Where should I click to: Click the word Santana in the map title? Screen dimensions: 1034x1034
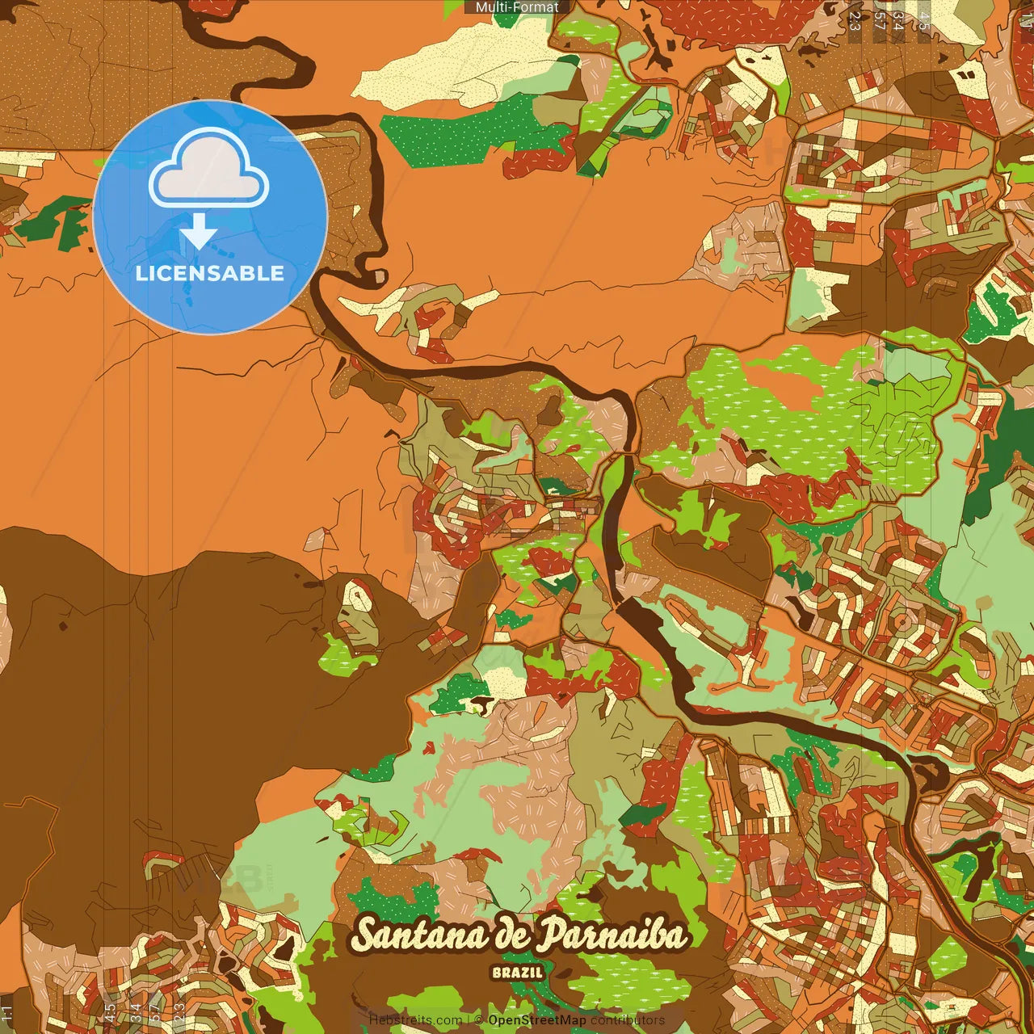tap(420, 935)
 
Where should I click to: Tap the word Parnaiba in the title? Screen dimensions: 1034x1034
tap(612, 935)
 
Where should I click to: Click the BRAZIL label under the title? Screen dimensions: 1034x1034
tap(517, 973)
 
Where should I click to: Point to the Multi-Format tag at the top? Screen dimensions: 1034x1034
tap(517, 7)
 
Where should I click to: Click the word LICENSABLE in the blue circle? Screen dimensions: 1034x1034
tap(210, 273)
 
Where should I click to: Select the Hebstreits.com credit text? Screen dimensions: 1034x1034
tap(415, 1020)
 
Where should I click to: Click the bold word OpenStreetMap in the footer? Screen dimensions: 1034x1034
tap(537, 1020)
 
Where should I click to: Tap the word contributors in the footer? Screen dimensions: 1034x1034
tap(628, 1020)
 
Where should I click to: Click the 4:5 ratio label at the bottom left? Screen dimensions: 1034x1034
tap(109, 1012)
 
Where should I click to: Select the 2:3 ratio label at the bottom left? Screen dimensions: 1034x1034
tap(179, 1012)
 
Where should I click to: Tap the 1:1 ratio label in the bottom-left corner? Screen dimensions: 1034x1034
tap(7, 1012)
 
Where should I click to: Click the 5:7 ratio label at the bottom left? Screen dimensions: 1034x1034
tap(153, 1012)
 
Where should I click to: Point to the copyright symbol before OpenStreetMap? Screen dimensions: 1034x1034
tap(479, 1020)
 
